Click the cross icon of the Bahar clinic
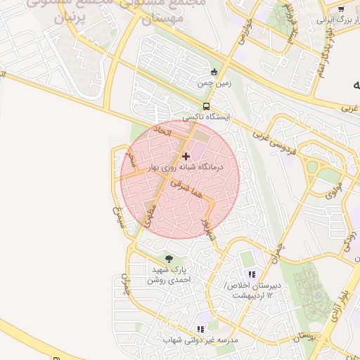coord(186,156)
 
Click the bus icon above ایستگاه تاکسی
coord(206,106)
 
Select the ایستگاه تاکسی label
coord(207,117)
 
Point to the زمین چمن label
coord(214,82)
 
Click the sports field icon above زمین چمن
coord(214,71)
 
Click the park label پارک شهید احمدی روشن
coord(168,274)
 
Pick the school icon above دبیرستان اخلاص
coord(252,274)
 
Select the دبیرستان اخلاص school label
coord(252,290)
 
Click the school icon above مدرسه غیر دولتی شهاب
coord(201,328)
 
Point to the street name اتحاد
coord(162,131)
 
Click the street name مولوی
coord(334,190)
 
